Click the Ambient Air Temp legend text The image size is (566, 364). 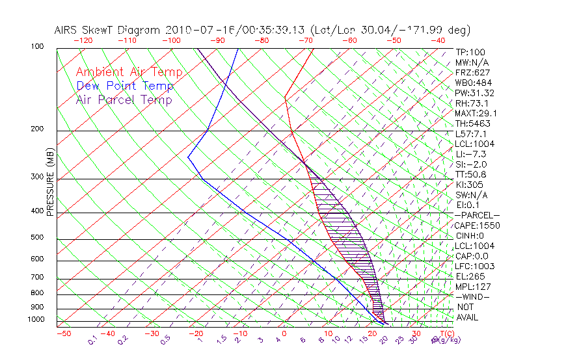point(129,73)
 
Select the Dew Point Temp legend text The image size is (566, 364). point(125,86)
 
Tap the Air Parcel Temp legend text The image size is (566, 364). point(124,100)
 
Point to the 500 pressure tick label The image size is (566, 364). point(38,237)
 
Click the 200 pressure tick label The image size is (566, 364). point(38,129)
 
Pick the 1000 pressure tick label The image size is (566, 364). point(36,319)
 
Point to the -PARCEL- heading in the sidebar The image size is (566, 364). point(478,215)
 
